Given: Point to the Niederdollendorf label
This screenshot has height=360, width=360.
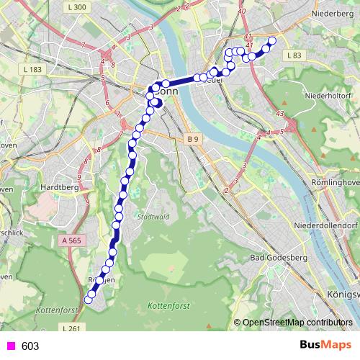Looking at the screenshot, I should point(326,225).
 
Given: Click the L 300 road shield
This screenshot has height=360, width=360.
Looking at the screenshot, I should point(80,8).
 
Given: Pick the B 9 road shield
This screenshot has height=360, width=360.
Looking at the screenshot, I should point(192,138).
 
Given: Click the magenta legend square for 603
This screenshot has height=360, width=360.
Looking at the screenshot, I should point(9,346).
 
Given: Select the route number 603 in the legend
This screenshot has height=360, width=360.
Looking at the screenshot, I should point(30,346).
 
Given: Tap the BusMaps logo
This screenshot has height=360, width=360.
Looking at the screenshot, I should point(325,346).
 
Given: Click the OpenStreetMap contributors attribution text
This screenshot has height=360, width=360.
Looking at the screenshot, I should point(297,322).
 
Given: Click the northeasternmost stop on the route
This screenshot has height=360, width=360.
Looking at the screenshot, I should point(272,41).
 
